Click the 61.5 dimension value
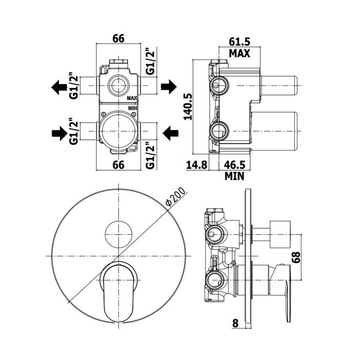[x=239, y=42]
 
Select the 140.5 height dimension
[x=188, y=107]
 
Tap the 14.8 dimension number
[x=197, y=165]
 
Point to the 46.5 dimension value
[x=234, y=165]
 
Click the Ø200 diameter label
[x=176, y=197]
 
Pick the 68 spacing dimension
[x=296, y=257]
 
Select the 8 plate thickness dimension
[x=235, y=323]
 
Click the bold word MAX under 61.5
[x=239, y=53]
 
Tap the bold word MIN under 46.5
[x=234, y=176]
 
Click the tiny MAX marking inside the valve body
[x=132, y=98]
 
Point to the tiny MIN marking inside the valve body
[x=133, y=108]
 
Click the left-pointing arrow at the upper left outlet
[x=59, y=87]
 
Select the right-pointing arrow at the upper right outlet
[x=169, y=87]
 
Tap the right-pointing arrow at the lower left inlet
[x=60, y=133]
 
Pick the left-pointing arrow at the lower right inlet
[x=171, y=133]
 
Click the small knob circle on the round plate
[x=118, y=234]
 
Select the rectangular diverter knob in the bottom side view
[x=280, y=234]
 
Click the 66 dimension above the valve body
[x=118, y=39]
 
